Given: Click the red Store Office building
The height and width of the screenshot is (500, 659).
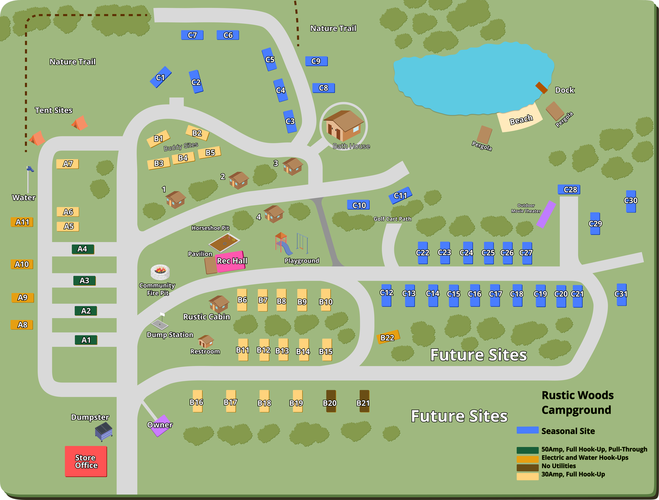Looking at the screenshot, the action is pos(86,461).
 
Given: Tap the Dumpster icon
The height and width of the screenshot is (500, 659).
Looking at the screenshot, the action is pos(104,431).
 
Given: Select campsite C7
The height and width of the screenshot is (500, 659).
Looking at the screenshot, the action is pos(192,35).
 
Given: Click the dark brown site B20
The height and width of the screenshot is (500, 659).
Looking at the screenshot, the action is pos(331,401).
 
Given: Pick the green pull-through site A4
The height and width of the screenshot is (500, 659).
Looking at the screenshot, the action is pos(83,249).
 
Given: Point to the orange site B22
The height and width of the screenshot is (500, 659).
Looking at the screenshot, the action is pos(388,337).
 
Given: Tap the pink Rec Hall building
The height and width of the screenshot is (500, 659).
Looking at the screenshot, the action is pos(231,261).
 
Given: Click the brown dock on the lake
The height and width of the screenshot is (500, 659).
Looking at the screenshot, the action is pos(541,88).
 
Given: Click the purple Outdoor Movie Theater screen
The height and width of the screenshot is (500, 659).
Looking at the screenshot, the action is pos(546,214).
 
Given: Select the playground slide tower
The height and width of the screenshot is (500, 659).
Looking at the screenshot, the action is pos(281,241).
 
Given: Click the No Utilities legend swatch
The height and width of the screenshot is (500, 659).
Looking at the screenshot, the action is pos(527,467).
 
